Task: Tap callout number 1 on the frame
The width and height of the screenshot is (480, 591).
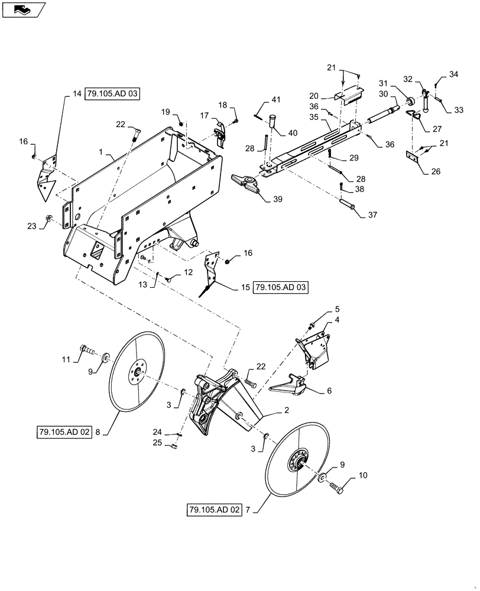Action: pyautogui.click(x=102, y=152)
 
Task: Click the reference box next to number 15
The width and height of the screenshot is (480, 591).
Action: pyautogui.click(x=281, y=288)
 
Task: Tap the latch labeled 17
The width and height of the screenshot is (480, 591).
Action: pyautogui.click(x=220, y=134)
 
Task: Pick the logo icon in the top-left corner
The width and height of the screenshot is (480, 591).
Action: pyautogui.click(x=22, y=9)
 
